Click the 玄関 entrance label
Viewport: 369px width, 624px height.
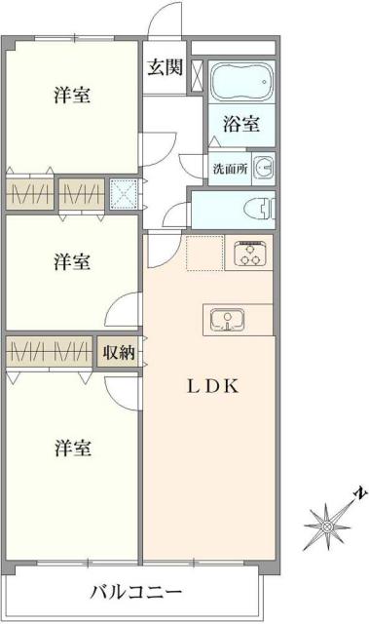pyautogui.click(x=165, y=67)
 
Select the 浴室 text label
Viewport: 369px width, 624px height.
pyautogui.click(x=241, y=124)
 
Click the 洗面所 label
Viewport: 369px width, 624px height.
pyautogui.click(x=230, y=167)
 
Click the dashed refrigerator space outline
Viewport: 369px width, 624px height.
pyautogui.click(x=205, y=253)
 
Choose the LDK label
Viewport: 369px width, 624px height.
pyautogui.click(x=211, y=385)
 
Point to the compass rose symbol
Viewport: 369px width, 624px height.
pyautogui.click(x=327, y=527)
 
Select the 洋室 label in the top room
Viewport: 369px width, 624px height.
pyautogui.click(x=73, y=96)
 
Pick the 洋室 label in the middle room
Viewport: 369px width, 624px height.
pyautogui.click(x=73, y=261)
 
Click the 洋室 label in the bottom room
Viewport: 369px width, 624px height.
pyautogui.click(x=73, y=448)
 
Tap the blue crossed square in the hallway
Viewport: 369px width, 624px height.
pyautogui.click(x=124, y=195)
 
